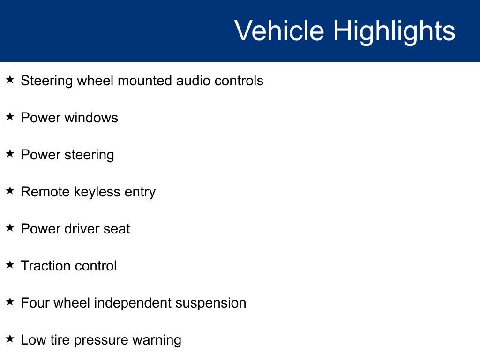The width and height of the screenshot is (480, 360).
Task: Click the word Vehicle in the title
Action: pos(279,30)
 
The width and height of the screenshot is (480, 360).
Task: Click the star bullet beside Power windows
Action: pos(10,116)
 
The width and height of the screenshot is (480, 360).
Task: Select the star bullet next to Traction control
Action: pos(10,264)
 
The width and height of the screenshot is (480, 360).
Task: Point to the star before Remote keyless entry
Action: pos(10,190)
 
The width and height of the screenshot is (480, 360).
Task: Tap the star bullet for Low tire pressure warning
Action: pos(10,338)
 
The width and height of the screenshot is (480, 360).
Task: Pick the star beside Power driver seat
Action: pos(10,227)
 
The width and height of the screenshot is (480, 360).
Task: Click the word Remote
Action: pos(45,192)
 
